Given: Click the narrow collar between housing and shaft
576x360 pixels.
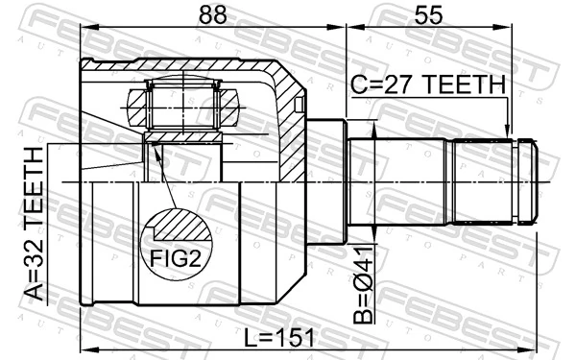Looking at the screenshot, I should pos(326,182).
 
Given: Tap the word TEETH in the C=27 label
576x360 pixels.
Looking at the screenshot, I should pos(465,85).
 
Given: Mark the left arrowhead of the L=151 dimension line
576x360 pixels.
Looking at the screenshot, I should pos(86,348).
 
